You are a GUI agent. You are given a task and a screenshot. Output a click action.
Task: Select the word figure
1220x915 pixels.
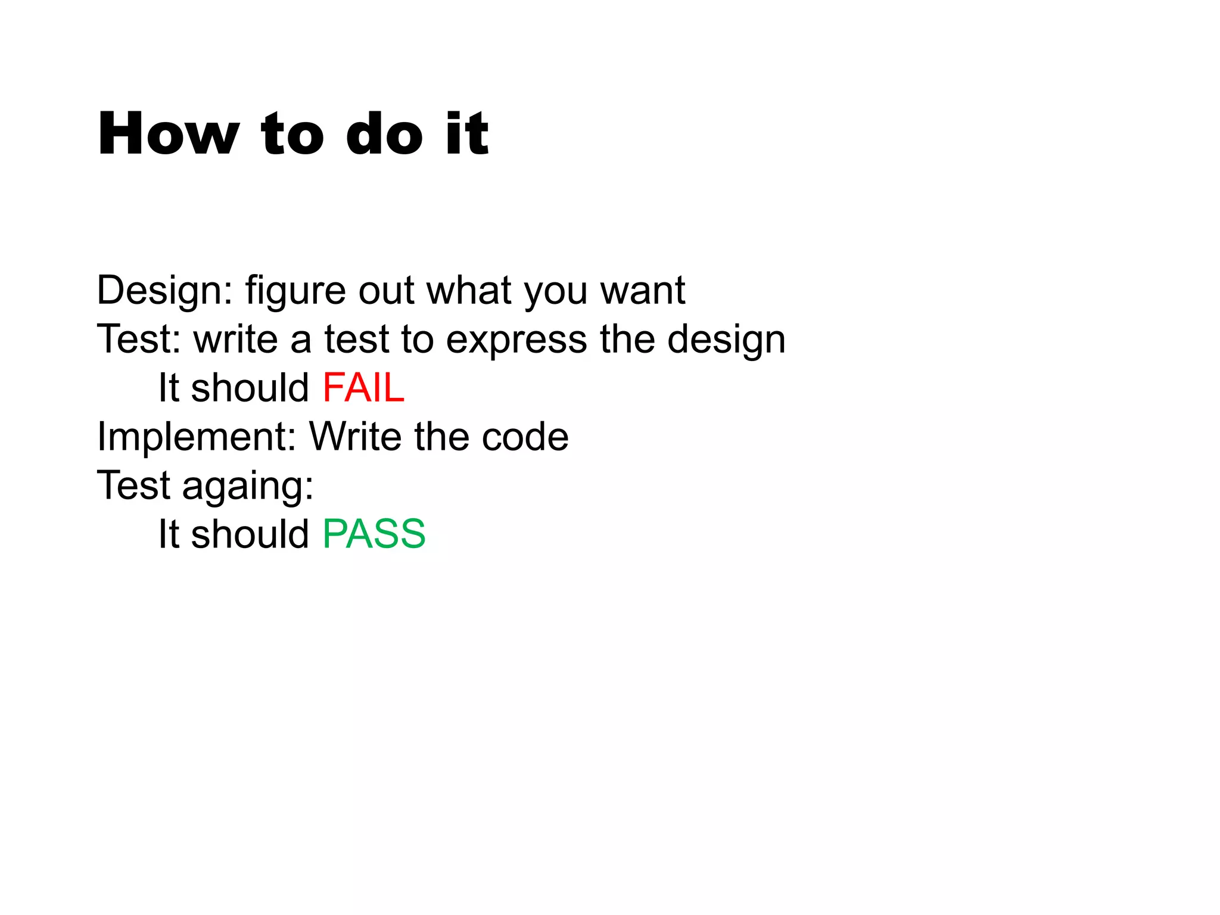coord(295,291)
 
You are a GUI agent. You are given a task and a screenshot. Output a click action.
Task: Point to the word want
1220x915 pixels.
coord(642,291)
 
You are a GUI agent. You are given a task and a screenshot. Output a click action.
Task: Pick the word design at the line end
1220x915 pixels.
coord(726,340)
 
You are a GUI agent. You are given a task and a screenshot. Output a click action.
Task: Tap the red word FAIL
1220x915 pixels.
coord(363,388)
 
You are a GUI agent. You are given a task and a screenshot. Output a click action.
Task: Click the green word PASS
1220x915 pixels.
coord(374,534)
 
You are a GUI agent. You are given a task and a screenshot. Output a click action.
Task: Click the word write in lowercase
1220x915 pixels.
coord(236,340)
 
